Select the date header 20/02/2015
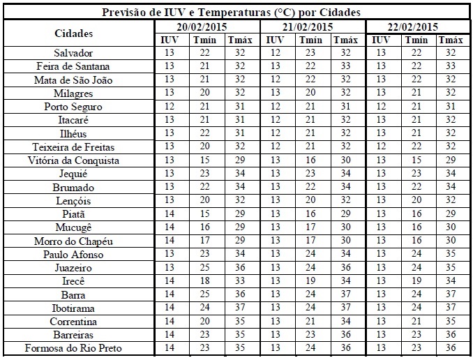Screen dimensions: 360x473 click(x=207, y=27)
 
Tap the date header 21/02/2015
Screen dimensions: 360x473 click(x=312, y=27)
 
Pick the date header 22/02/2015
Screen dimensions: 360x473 click(x=418, y=27)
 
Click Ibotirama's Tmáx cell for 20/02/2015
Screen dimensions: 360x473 click(x=240, y=308)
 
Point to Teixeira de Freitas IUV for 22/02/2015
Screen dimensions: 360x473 click(x=381, y=147)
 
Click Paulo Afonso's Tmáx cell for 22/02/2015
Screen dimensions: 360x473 click(x=451, y=254)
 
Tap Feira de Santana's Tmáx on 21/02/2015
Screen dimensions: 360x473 click(x=345, y=66)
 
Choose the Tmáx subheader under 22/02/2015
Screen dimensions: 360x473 click(x=451, y=40)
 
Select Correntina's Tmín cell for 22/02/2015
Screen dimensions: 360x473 click(x=416, y=321)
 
